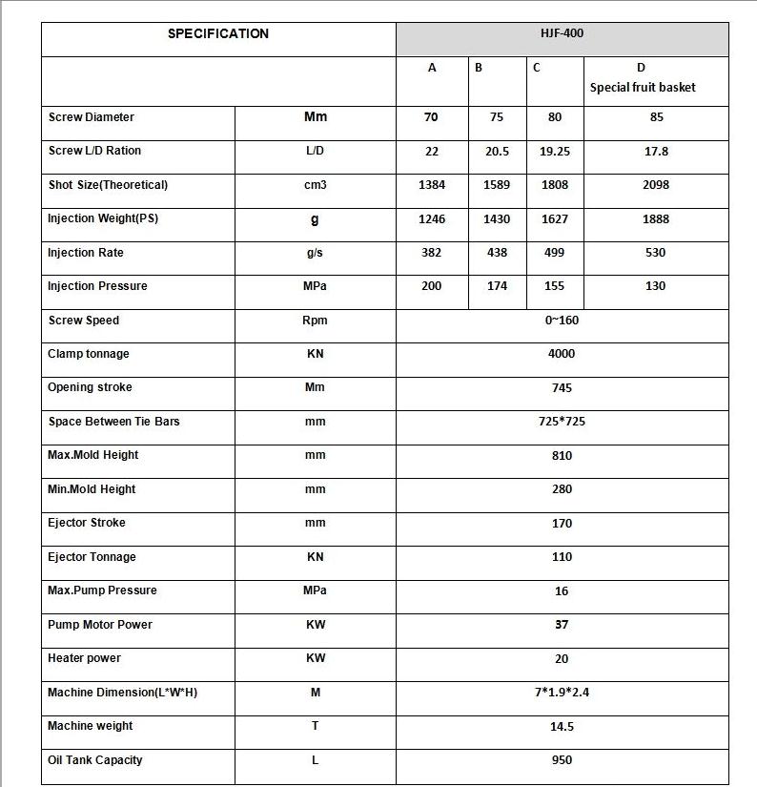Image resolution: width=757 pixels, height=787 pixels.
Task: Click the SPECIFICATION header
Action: (218, 33)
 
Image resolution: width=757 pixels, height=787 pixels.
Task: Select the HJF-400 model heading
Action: (562, 33)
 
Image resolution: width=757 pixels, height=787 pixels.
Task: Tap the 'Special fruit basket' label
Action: (643, 87)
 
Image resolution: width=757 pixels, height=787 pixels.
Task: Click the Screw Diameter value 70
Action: (432, 117)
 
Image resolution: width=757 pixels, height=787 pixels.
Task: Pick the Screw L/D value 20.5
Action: (497, 151)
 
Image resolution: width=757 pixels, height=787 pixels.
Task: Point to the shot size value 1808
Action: (555, 185)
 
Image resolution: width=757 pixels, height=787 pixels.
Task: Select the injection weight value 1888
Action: (656, 218)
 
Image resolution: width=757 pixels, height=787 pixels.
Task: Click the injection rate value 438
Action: (497, 253)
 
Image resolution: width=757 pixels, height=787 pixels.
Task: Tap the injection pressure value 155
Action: (555, 286)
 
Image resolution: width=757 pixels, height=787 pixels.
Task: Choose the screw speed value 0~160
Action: (562, 321)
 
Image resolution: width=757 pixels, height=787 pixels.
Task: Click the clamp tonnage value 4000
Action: (562, 354)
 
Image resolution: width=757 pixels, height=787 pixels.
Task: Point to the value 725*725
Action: (562, 422)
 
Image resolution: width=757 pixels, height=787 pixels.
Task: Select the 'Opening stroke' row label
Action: (90, 387)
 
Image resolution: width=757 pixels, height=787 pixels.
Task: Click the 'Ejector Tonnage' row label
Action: (92, 557)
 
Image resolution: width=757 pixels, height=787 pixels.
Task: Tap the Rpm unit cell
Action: (315, 321)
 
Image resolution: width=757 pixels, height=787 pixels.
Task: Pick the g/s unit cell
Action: (315, 253)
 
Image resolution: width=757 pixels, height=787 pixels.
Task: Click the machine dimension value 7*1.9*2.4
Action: (562, 693)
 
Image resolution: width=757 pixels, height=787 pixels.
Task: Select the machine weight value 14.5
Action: (562, 726)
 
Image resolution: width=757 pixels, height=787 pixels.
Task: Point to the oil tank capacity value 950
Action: (562, 760)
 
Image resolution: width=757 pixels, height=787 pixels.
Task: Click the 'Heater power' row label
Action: (84, 658)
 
